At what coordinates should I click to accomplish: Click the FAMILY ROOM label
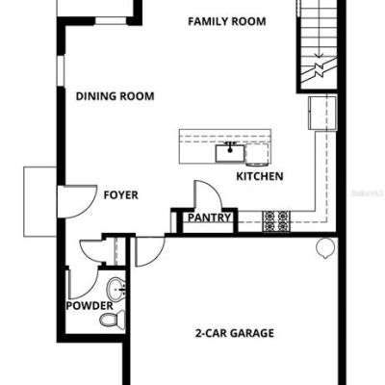[x=227, y=21]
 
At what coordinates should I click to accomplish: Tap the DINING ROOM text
[x=115, y=96]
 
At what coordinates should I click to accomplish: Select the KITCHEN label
[x=260, y=176]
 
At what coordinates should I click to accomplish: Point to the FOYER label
[x=121, y=195]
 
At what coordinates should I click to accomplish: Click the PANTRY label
[x=209, y=218]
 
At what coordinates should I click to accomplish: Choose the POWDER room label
[x=90, y=306]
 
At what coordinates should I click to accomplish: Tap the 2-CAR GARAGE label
[x=235, y=333]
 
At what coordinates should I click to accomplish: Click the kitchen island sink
[x=230, y=153]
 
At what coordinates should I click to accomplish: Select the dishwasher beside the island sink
[x=257, y=154]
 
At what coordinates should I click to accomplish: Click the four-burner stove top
[x=276, y=221]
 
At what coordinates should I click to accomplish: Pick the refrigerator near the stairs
[x=322, y=113]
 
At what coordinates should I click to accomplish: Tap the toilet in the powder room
[x=113, y=320]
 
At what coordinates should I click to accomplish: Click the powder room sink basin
[x=116, y=290]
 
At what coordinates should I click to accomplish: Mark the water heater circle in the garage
[x=325, y=248]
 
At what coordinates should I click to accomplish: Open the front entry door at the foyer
[x=78, y=202]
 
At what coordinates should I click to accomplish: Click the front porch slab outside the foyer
[x=40, y=202]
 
